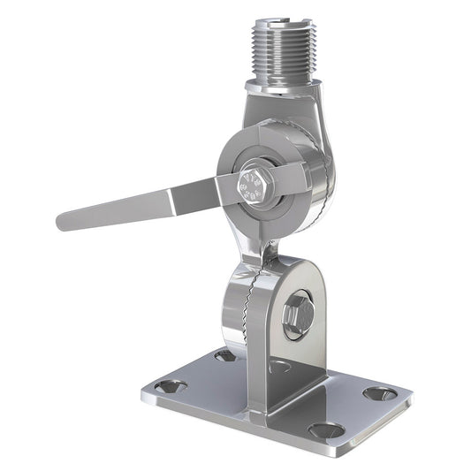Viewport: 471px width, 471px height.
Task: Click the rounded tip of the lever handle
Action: coord(64,218)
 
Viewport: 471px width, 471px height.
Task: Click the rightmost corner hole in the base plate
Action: coord(381,392)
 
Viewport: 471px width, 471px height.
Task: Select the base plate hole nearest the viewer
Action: coord(326,430)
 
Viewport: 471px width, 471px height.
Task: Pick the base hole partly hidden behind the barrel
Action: coord(224,355)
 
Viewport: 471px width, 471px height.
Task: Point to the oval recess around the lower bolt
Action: coord(298,315)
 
